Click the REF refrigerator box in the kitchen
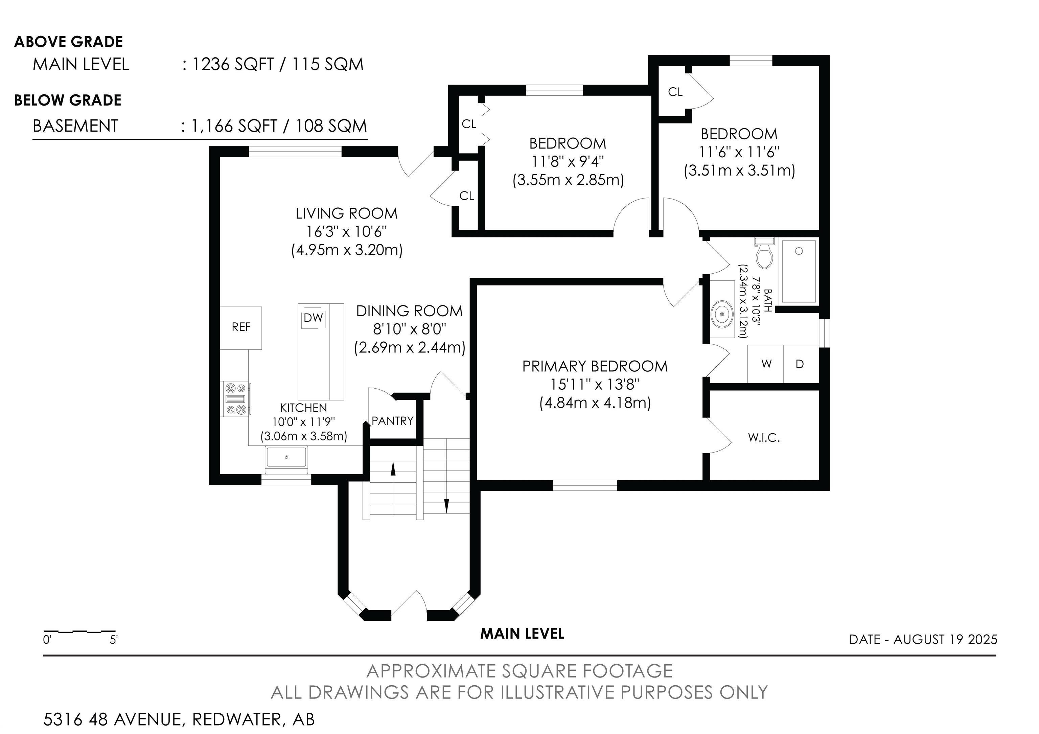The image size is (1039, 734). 241,328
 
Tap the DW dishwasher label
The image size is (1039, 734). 313,318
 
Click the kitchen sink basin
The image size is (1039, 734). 286,458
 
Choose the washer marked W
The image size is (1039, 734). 766,364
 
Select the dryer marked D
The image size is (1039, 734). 801,364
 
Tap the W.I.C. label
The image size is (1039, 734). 764,438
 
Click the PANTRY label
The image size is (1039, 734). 392,421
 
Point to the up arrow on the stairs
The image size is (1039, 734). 393,469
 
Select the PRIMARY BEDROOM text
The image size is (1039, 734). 595,367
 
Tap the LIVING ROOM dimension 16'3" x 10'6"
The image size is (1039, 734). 347,232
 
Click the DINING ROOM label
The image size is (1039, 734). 410,311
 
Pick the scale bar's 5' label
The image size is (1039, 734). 114,640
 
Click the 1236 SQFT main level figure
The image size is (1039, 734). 233,65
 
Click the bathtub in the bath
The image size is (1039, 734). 799,272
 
